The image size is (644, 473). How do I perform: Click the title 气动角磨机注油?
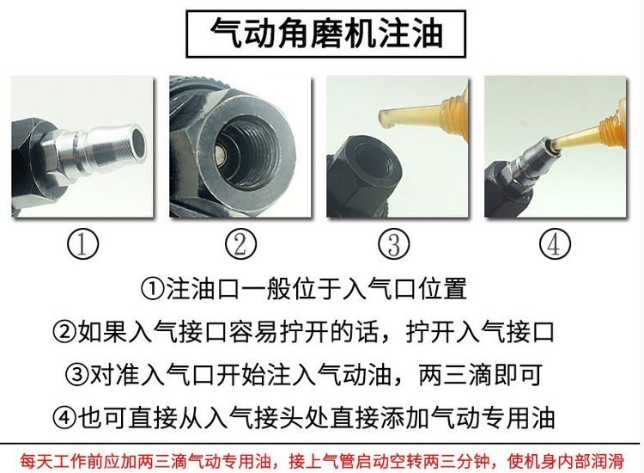point(326,34)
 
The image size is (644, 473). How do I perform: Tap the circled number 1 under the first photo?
point(82,244)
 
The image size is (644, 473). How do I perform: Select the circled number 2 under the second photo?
point(240,244)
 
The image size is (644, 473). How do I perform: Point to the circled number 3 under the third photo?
point(394,244)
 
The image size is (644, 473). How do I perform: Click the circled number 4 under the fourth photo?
point(555,244)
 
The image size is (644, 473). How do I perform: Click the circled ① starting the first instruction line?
point(152,289)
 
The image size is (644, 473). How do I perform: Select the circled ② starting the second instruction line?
point(64,332)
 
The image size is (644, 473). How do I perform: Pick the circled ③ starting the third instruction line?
point(76,375)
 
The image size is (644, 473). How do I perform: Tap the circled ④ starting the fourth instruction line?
point(64,417)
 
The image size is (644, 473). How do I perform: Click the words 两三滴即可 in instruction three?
point(480,375)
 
